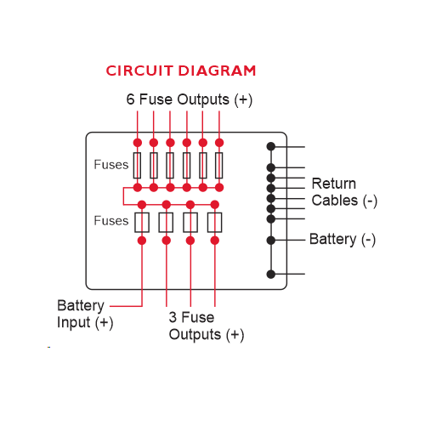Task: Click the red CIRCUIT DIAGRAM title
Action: (x=181, y=71)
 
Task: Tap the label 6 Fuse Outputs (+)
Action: (x=190, y=99)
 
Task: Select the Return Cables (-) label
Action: (x=344, y=192)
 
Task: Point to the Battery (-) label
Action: (x=343, y=240)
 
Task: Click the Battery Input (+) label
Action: (x=85, y=314)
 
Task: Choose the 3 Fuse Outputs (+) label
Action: (x=207, y=326)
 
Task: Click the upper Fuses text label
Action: (x=111, y=165)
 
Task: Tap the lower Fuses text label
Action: (x=111, y=221)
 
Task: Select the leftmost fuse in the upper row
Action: (x=138, y=165)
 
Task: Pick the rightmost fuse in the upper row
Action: (x=219, y=165)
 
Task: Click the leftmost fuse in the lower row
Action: (x=142, y=223)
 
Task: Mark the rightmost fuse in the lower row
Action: (x=215, y=223)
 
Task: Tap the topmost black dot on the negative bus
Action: (x=271, y=146)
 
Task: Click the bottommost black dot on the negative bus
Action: (x=271, y=274)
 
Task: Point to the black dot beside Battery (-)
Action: (x=271, y=240)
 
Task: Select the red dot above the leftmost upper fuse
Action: (x=138, y=143)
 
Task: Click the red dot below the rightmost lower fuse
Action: (x=215, y=241)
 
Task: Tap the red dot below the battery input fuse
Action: (x=142, y=241)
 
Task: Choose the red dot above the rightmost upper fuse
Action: (x=219, y=143)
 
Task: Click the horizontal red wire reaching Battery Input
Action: (x=126, y=306)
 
